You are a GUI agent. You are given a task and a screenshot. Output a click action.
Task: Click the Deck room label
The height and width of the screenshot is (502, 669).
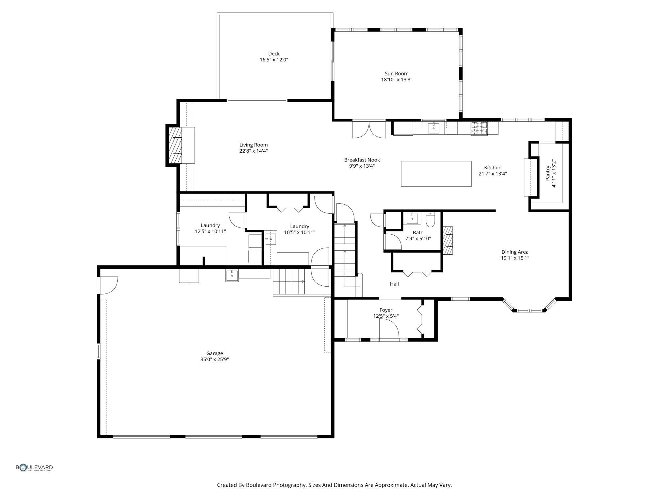[274, 54]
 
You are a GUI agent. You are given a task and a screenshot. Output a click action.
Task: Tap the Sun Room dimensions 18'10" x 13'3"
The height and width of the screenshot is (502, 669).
[397, 80]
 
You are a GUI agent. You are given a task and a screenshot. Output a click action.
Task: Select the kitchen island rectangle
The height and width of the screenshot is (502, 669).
[436, 174]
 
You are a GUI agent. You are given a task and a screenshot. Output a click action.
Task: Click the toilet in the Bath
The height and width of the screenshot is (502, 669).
[430, 220]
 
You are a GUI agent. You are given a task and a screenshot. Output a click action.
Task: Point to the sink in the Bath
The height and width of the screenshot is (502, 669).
[412, 218]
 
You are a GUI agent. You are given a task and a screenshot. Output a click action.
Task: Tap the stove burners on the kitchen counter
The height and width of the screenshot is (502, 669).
[479, 128]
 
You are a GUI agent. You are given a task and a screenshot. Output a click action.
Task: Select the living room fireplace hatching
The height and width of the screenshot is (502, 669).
[175, 145]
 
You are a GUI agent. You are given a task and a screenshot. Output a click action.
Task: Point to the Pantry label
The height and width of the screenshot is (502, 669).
[548, 173]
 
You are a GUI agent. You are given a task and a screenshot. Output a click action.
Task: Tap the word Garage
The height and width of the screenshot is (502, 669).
[215, 353]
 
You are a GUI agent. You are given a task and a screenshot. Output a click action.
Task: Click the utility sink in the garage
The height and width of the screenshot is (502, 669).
[232, 275]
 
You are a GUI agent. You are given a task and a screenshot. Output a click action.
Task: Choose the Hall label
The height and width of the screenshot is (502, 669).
[394, 284]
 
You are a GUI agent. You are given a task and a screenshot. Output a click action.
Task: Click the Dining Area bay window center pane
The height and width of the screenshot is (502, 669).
[530, 310]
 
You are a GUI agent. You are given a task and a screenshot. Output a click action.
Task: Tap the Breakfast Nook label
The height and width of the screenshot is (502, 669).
[362, 160]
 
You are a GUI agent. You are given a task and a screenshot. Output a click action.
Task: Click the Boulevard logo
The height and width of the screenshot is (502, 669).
[34, 468]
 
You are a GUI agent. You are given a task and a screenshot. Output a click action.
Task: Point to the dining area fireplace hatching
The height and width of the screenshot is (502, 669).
[448, 241]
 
